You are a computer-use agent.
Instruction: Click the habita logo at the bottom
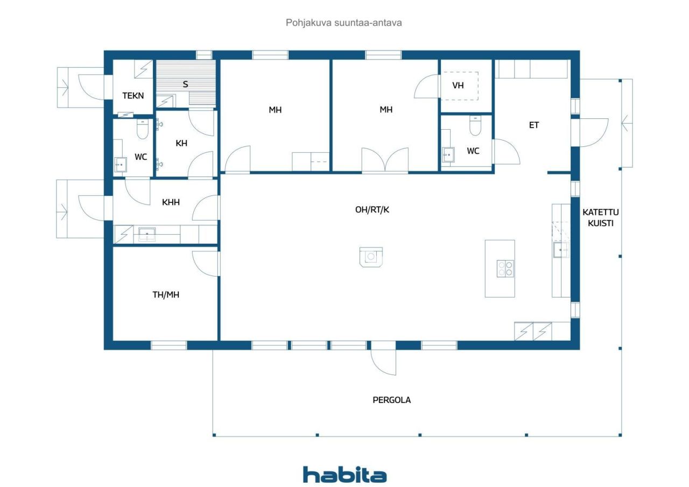(x=344, y=475)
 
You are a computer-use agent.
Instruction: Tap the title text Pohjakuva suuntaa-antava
(x=344, y=23)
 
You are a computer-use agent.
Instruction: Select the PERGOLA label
(x=391, y=400)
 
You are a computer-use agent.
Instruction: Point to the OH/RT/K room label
(x=372, y=210)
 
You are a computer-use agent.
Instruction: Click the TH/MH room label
(x=166, y=294)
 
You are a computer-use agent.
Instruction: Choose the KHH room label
(x=171, y=202)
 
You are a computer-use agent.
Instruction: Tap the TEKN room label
(x=133, y=96)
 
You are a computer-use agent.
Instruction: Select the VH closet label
(x=458, y=86)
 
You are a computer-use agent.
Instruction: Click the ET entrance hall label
(x=533, y=125)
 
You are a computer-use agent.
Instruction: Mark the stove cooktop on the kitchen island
(x=505, y=268)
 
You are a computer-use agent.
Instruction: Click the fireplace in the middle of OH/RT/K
(x=371, y=257)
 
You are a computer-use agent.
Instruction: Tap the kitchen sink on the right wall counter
(x=561, y=250)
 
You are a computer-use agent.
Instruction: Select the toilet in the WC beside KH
(x=142, y=129)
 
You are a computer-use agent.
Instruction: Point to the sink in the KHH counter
(x=146, y=234)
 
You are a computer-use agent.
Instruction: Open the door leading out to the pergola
(x=384, y=358)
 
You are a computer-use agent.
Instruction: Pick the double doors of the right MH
(x=384, y=160)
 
